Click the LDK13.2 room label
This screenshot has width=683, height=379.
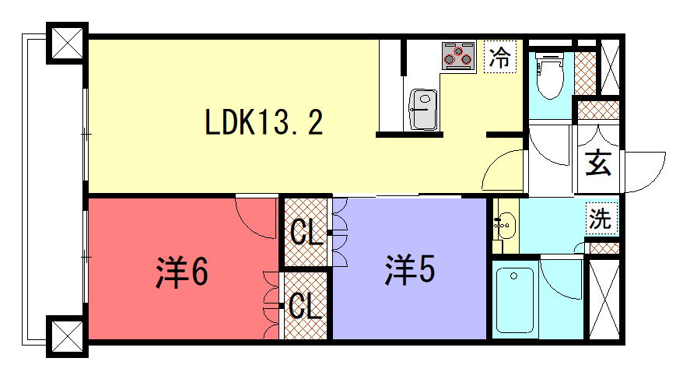tap(264, 122)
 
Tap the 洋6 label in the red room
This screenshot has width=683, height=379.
tap(182, 272)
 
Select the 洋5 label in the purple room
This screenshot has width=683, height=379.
tap(410, 270)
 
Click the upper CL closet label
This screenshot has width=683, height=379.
tap(306, 232)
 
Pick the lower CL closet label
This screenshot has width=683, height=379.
tap(306, 306)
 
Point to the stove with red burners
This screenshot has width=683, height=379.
tap(458, 55)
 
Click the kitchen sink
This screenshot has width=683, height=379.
tap(423, 110)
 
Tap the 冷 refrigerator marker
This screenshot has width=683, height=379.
tap(500, 57)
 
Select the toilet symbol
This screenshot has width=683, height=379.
tap(550, 75)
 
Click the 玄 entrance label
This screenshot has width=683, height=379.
tap(598, 163)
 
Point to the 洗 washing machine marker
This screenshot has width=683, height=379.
tap(601, 218)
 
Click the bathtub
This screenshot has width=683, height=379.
tap(515, 300)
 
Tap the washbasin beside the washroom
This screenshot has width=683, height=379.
tap(506, 225)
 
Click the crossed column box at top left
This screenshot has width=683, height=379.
tap(67, 43)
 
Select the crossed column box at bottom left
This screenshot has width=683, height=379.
tap(67, 336)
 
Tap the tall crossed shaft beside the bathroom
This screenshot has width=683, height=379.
tap(604, 299)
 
